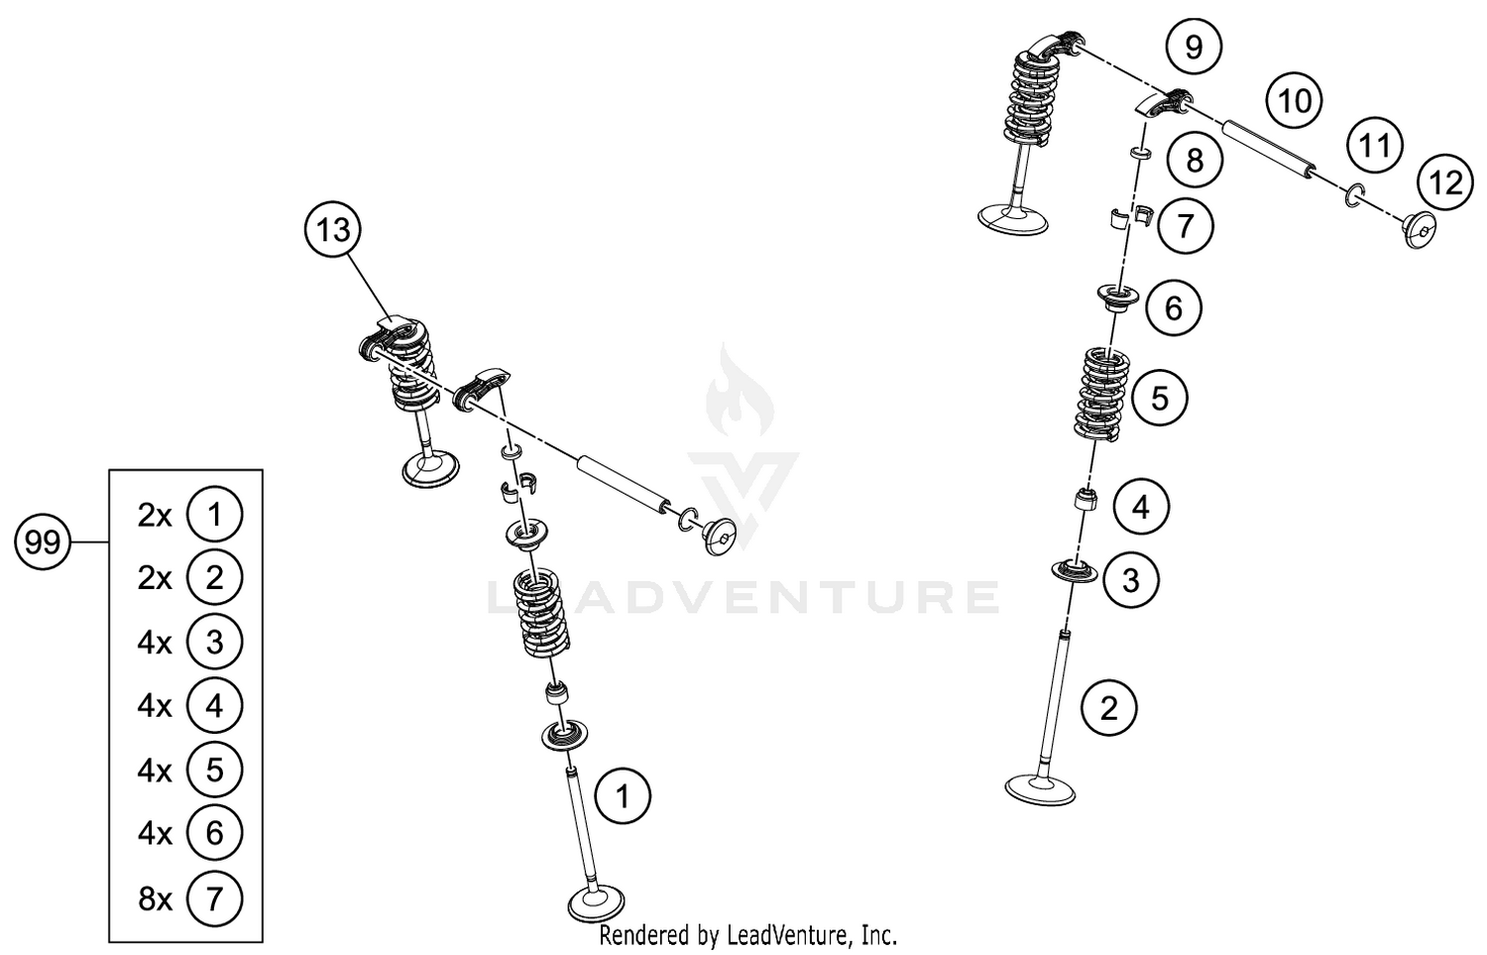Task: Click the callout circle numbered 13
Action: point(333,230)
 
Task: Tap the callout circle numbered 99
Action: point(43,542)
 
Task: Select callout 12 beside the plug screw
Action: point(1446,182)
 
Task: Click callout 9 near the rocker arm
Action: point(1194,47)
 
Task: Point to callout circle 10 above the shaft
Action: point(1295,101)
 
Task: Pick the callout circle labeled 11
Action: point(1374,146)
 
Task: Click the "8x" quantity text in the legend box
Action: point(155,898)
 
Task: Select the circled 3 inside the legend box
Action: point(214,642)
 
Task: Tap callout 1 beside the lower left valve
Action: point(623,796)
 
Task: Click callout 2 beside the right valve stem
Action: point(1108,708)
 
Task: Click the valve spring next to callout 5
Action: point(1102,394)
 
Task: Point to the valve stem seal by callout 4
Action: point(1088,498)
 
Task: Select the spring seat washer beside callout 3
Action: point(1075,572)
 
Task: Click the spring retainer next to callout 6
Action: point(1118,297)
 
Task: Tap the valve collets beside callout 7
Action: point(1128,217)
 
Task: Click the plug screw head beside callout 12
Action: point(1420,230)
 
